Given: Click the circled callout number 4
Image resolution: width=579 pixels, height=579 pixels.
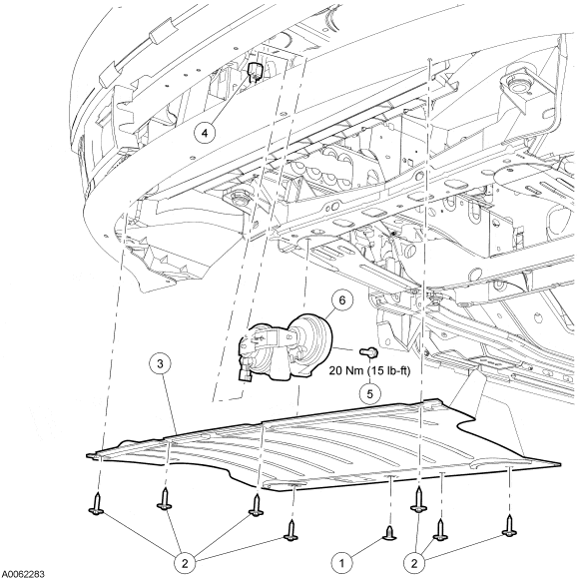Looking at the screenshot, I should tap(206, 132).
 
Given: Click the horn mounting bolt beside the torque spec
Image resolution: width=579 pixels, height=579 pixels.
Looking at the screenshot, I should tap(370, 350).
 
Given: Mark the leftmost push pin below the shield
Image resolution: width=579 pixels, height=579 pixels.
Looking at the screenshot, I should tap(97, 503).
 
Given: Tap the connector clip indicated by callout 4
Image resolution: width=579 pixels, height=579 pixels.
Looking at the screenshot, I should tap(254, 73).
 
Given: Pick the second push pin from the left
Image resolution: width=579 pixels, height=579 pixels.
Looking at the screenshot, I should tap(162, 499).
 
